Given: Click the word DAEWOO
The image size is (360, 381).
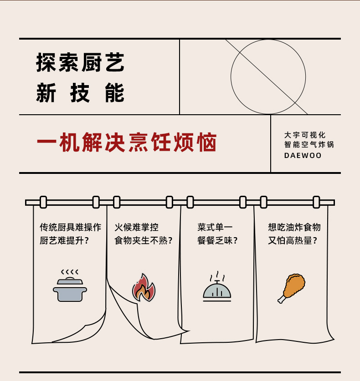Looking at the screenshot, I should click(x=303, y=156).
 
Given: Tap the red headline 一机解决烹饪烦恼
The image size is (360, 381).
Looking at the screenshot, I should click(x=126, y=143).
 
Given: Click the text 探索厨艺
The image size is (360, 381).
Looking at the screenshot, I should click(x=80, y=63).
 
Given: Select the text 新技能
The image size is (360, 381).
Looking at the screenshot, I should click(x=80, y=93).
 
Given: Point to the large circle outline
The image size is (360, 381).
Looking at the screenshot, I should click(x=268, y=76).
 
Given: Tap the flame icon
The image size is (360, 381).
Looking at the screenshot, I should click(x=144, y=289).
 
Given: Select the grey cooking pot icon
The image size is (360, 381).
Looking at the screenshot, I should click(x=70, y=290).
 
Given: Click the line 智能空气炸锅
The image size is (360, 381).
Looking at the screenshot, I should click(x=309, y=145).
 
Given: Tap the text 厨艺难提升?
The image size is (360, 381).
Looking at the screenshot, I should click(x=64, y=240).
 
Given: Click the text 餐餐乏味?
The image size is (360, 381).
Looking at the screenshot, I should click(x=217, y=240).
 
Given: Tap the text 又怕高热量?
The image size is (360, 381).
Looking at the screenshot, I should click(x=293, y=240).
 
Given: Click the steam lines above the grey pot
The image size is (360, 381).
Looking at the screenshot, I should click(x=70, y=272).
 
